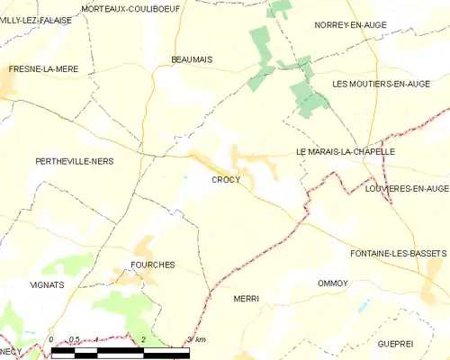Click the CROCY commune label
[226, 180]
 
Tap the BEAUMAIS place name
[191, 59]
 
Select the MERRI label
[246, 298]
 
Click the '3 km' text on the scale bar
[195, 339]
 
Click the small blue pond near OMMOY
[364, 305]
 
